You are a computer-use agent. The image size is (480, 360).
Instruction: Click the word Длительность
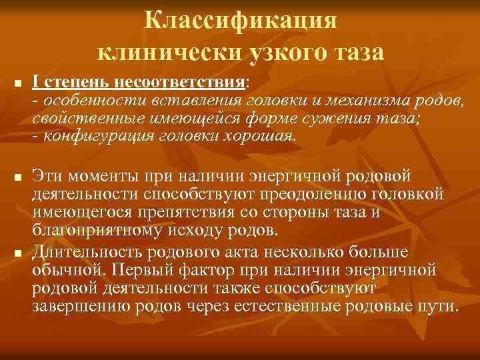tap(87, 253)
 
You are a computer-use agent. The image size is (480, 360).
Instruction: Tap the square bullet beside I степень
tap(18, 84)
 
